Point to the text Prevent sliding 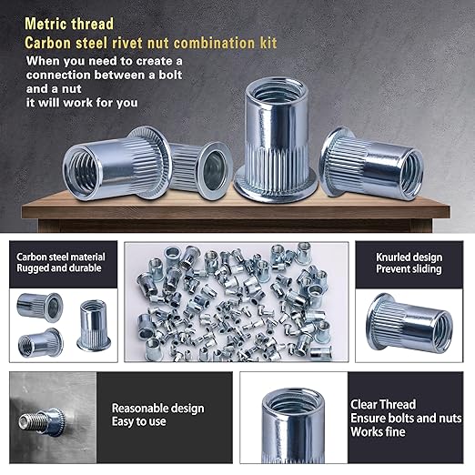tap(409, 269)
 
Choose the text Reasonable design tap(157, 409)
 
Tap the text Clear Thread tap(383, 404)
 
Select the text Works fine tap(380, 433)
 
